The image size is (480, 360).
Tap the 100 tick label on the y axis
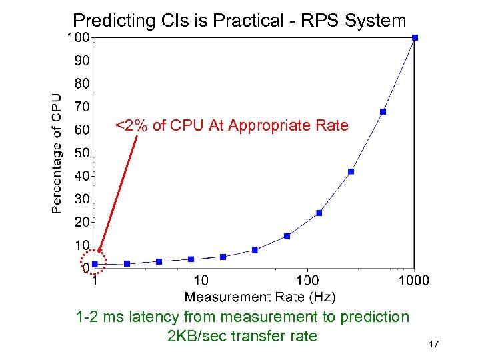[78, 38]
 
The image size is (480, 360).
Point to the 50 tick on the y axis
[81, 153]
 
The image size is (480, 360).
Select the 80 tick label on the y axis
[81, 84]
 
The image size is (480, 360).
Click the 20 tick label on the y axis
[81, 221]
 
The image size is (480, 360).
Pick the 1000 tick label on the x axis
[413, 281]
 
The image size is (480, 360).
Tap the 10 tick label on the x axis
[200, 281]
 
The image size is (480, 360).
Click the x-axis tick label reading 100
[307, 281]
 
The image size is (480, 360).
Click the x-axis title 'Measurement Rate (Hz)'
[259, 297]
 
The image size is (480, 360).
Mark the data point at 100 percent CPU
[415, 38]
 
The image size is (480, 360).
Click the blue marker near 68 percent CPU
[383, 111]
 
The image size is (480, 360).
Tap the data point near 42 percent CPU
[351, 171]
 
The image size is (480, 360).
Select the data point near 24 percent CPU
[319, 213]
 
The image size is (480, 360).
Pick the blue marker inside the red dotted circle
[95, 264]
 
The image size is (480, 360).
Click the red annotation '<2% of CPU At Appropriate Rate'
[231, 125]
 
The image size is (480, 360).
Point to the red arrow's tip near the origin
[99, 254]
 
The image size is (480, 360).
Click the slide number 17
[433, 344]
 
